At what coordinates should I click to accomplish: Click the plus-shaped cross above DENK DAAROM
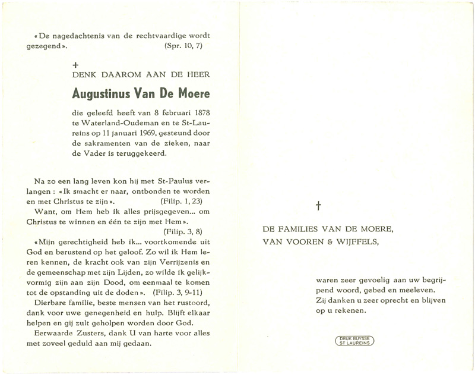[75, 62]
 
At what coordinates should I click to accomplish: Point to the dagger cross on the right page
[318, 206]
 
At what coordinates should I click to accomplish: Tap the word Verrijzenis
[175, 262]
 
